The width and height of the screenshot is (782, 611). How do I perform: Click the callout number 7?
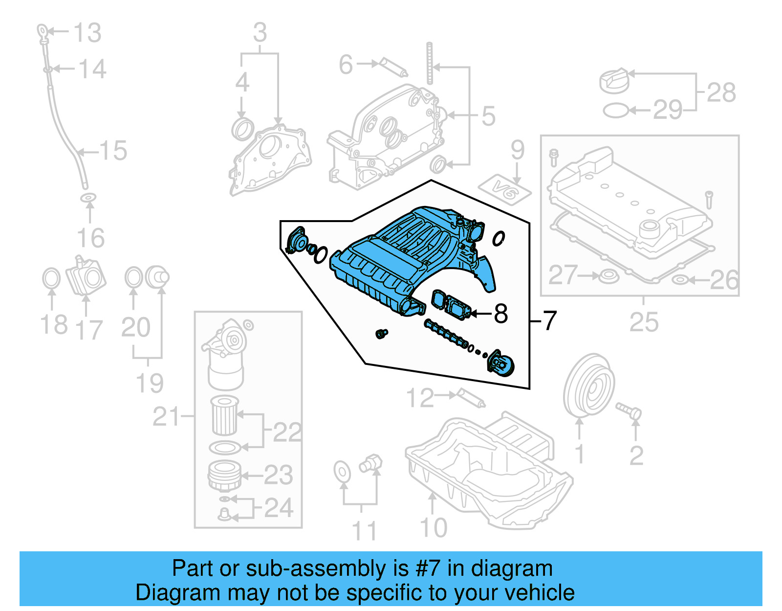click(550, 320)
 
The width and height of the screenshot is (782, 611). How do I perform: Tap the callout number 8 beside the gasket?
click(500, 314)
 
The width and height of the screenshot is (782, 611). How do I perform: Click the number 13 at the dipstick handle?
click(87, 33)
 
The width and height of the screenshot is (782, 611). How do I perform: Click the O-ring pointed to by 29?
click(615, 111)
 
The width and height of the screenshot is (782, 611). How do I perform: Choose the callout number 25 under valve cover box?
click(644, 322)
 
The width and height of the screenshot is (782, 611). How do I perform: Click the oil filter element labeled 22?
click(224, 416)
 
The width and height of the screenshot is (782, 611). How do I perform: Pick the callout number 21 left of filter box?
click(166, 417)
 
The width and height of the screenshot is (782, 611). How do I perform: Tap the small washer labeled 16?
click(88, 198)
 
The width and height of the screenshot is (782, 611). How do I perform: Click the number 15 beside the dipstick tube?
click(113, 151)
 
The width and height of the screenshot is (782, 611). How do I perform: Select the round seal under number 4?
click(242, 129)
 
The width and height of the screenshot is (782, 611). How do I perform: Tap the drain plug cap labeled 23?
click(224, 475)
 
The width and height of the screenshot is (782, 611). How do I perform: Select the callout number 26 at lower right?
click(723, 280)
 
